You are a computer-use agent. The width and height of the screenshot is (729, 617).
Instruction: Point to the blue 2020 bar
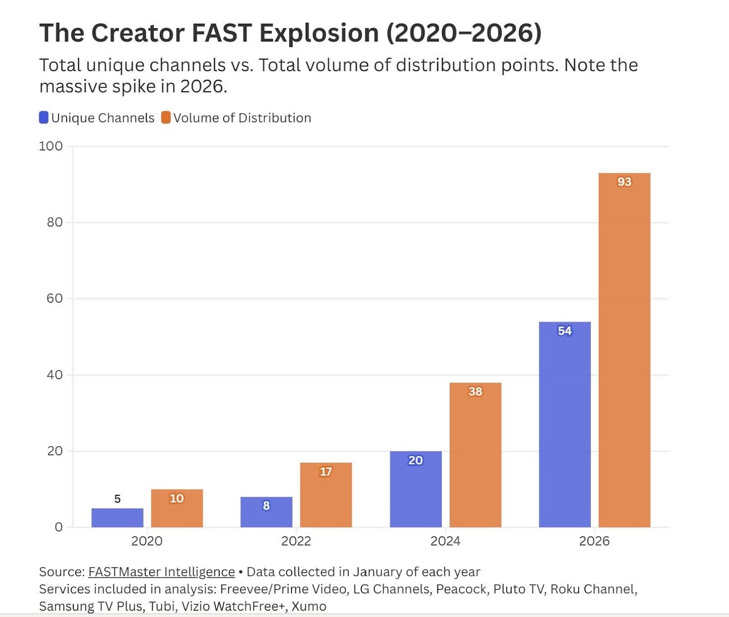117,518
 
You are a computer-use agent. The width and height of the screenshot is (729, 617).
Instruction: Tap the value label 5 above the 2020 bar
117,499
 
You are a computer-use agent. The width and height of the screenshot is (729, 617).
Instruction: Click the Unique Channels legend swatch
44,118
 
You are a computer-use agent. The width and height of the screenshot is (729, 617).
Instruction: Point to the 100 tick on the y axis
51,146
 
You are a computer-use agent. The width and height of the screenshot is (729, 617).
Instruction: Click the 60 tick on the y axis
54,298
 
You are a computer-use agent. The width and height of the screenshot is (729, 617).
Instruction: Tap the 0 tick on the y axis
58,527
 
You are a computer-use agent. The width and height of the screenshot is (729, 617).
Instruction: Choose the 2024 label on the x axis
445,541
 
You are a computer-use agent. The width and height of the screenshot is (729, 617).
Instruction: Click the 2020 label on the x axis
147,541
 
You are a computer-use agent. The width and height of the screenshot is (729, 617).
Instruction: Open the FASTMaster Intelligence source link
161,572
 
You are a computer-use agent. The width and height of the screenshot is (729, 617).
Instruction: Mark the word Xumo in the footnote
309,607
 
